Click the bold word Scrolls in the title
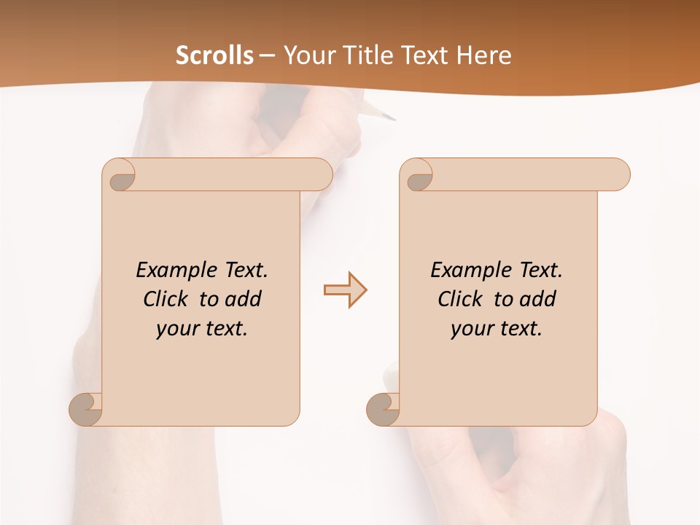[214, 55]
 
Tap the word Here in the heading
[484, 55]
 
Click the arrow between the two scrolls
[345, 290]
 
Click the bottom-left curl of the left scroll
[86, 408]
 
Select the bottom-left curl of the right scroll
[384, 408]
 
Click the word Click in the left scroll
[168, 299]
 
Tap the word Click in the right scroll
[462, 299]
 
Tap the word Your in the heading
[307, 55]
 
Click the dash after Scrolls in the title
[267, 55]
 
